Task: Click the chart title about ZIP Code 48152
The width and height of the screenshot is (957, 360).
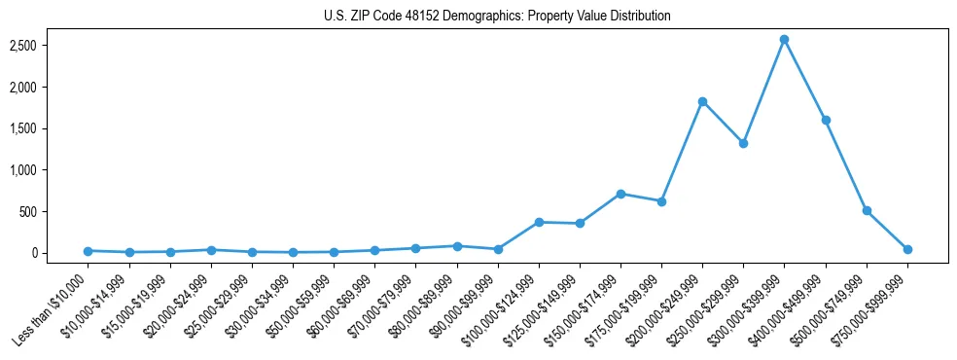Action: tap(497, 17)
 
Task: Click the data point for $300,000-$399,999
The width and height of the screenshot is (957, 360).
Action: tap(784, 39)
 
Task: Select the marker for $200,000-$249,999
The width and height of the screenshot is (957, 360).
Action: tap(702, 101)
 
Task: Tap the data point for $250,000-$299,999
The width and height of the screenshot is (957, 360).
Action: tap(743, 143)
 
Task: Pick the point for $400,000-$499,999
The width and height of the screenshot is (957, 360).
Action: tap(826, 120)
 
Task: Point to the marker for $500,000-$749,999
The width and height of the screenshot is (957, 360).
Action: tap(867, 210)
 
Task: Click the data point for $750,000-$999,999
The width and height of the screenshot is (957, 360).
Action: tap(907, 249)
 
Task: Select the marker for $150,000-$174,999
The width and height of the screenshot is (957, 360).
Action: tap(620, 194)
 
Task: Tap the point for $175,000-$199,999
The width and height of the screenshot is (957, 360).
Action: tap(661, 201)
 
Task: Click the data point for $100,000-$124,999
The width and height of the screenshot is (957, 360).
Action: tap(538, 222)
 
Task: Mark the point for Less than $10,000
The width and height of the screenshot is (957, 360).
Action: tap(88, 251)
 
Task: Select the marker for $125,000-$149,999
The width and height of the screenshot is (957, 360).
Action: tap(580, 223)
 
